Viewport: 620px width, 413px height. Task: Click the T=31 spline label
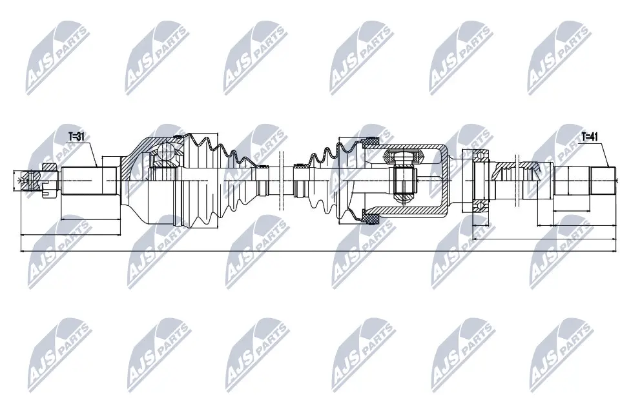tap(77, 137)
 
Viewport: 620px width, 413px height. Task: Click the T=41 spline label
tap(590, 137)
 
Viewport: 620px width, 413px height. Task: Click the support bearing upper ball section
tap(479, 156)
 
